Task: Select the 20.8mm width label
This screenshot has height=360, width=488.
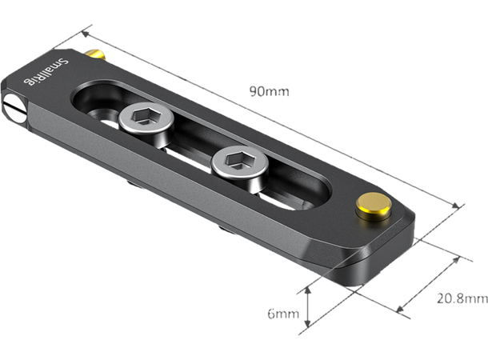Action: tap(462, 299)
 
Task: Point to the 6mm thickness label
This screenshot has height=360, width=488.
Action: tap(282, 313)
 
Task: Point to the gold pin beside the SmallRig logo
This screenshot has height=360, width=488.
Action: tap(98, 56)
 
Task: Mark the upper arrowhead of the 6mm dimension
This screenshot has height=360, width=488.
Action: tap(308, 284)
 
